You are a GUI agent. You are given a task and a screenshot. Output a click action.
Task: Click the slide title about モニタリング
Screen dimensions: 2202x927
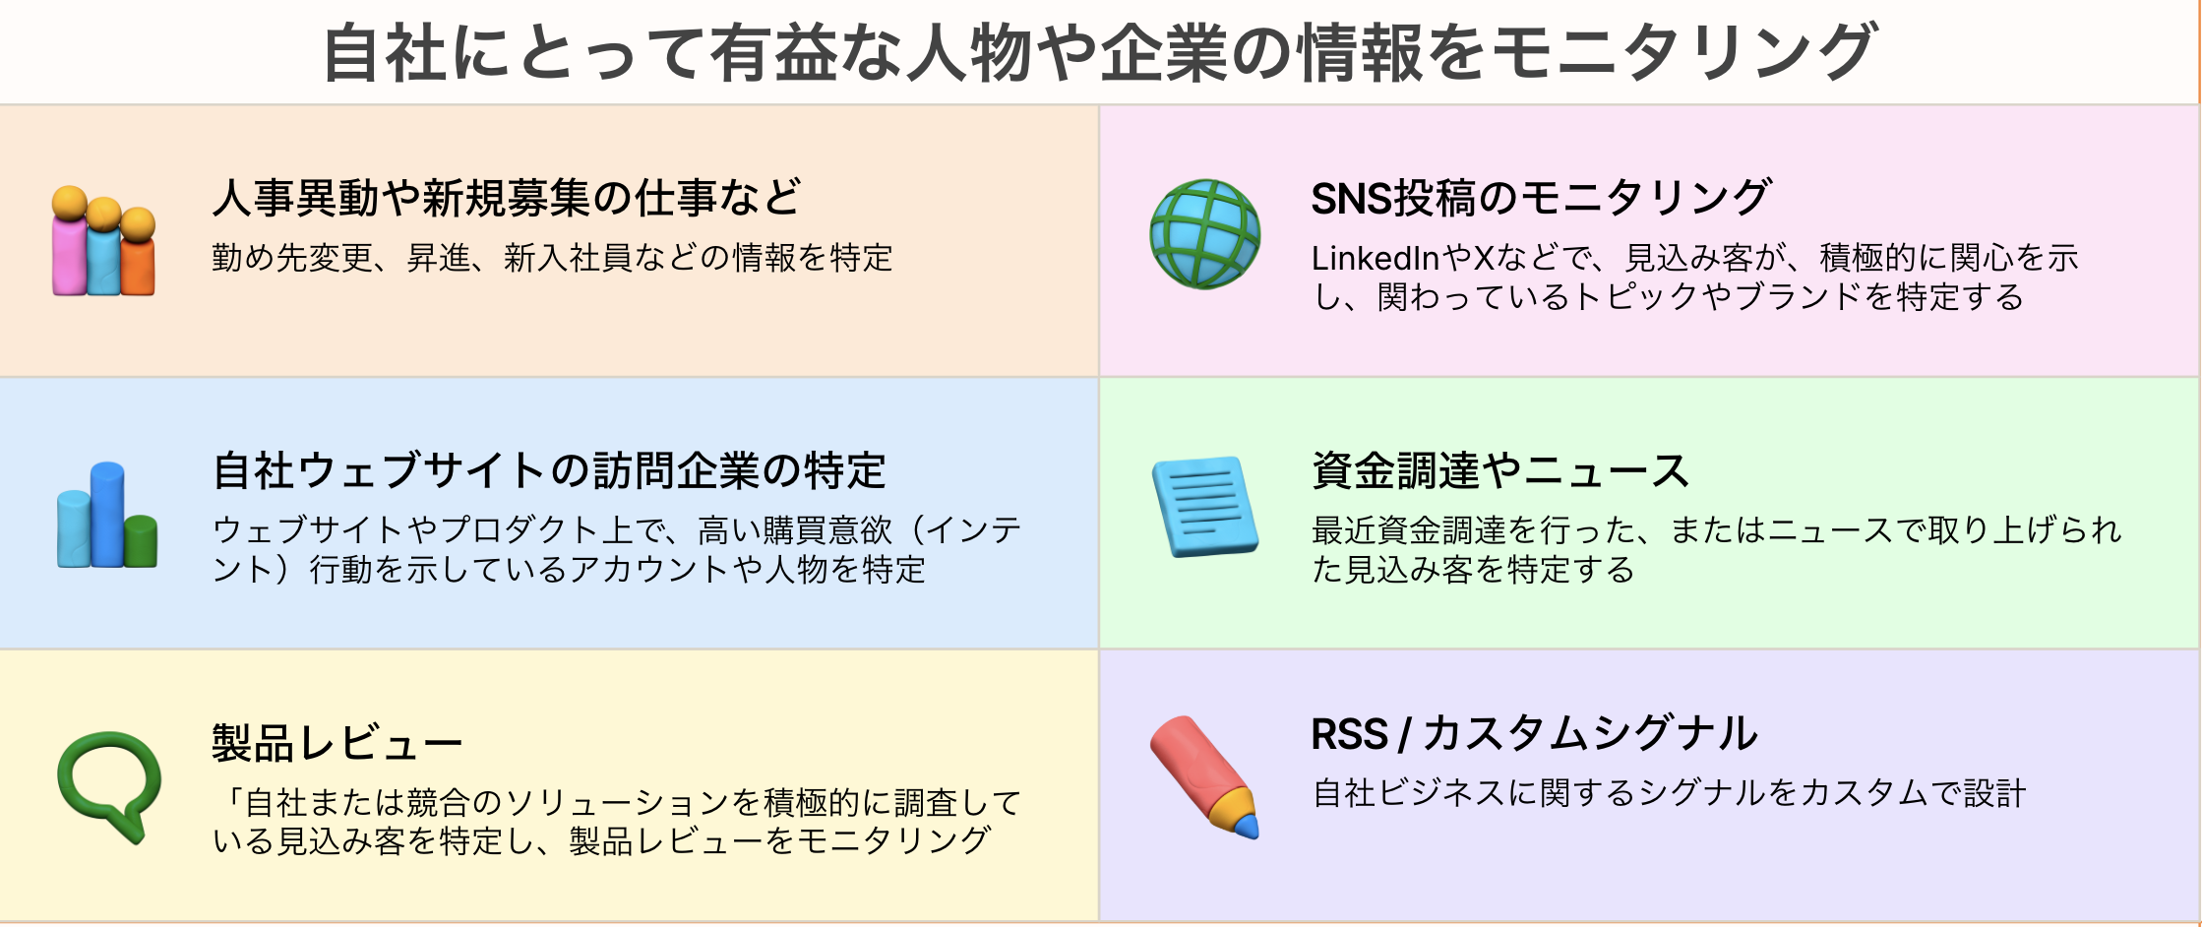pyautogui.click(x=1100, y=52)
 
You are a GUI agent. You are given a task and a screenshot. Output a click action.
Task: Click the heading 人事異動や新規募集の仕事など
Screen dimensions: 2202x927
pyautogui.click(x=507, y=198)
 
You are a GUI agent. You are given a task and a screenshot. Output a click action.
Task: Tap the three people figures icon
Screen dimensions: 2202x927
pyautogui.click(x=103, y=241)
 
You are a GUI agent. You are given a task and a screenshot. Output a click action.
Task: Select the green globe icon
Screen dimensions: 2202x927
pyautogui.click(x=1204, y=234)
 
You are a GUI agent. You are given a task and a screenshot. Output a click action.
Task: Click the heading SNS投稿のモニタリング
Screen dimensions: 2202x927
pyautogui.click(x=1542, y=198)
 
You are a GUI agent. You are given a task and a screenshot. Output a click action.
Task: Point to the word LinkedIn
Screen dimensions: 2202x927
pyautogui.click(x=1376, y=258)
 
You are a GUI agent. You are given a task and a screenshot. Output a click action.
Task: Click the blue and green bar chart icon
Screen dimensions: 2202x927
pyautogui.click(x=107, y=515)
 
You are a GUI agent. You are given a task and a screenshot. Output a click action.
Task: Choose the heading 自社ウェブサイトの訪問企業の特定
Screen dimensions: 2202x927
pyautogui.click(x=550, y=470)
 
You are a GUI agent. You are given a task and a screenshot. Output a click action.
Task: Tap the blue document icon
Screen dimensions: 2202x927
pyautogui.click(x=1205, y=506)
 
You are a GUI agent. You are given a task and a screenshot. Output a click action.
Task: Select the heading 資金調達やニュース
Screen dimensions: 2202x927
pyautogui.click(x=1500, y=470)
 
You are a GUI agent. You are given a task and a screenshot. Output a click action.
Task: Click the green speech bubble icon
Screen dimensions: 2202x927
pyautogui.click(x=109, y=785)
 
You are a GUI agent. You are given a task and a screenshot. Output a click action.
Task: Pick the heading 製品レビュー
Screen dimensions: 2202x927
pyautogui.click(x=337, y=743)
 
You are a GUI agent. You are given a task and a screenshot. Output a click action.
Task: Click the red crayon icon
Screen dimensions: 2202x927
pyautogui.click(x=1204, y=777)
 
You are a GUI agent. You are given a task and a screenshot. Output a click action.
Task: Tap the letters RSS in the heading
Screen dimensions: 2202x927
pyautogui.click(x=1350, y=734)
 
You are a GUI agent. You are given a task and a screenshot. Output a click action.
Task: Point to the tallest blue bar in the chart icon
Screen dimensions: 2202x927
pyautogui.click(x=107, y=514)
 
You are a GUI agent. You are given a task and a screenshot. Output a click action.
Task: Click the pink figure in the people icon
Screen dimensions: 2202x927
pyautogui.click(x=70, y=241)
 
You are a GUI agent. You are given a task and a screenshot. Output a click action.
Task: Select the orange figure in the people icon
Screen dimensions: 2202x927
pyautogui.click(x=138, y=253)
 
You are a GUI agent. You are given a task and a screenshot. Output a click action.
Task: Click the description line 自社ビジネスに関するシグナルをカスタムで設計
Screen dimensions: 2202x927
pyautogui.click(x=1669, y=793)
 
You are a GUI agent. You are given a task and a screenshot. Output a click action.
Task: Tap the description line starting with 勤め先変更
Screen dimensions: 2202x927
pyautogui.click(x=553, y=258)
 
